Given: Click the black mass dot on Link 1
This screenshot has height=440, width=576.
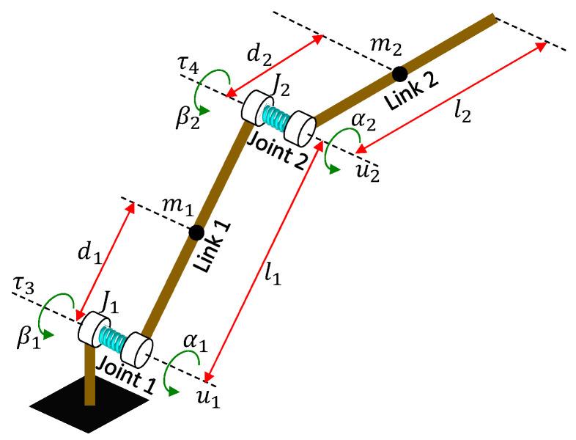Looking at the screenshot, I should [x=196, y=232].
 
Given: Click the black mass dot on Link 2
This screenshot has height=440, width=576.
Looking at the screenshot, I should [x=399, y=73].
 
